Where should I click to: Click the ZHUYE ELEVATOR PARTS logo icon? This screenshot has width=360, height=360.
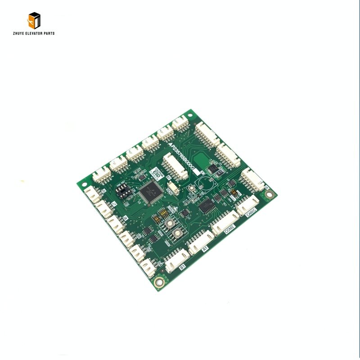(x=34, y=20)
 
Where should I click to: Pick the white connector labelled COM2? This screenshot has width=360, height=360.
(x=225, y=223)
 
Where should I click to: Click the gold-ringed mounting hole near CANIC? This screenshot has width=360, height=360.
(x=269, y=195)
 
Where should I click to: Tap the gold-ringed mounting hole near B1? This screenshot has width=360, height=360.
(x=158, y=283)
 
